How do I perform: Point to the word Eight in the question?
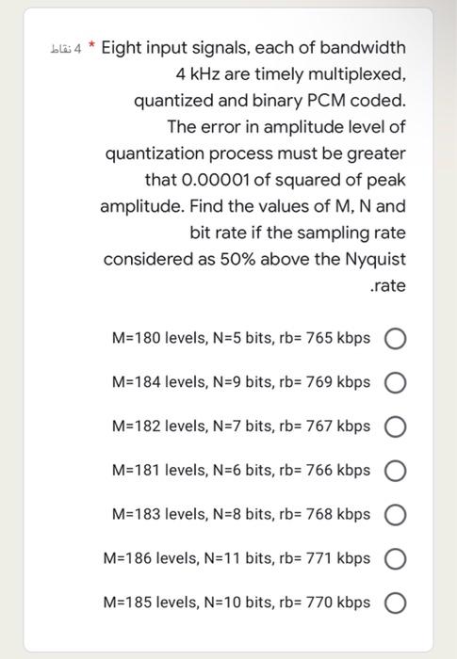click(x=122, y=47)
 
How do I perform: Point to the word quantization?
click(x=154, y=153)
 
